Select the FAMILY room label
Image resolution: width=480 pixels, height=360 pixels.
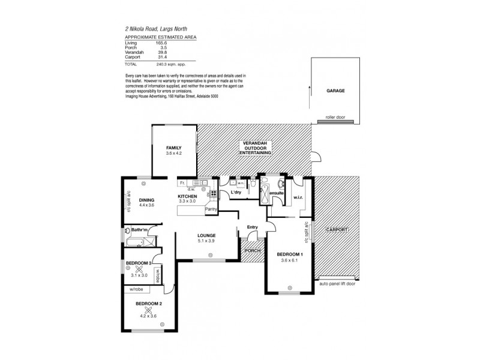173,148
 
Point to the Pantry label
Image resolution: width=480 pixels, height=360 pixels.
211,208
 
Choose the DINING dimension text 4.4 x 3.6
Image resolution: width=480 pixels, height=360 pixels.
147,205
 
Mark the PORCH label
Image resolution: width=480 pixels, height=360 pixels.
252,250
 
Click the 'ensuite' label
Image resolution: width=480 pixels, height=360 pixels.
276,193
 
